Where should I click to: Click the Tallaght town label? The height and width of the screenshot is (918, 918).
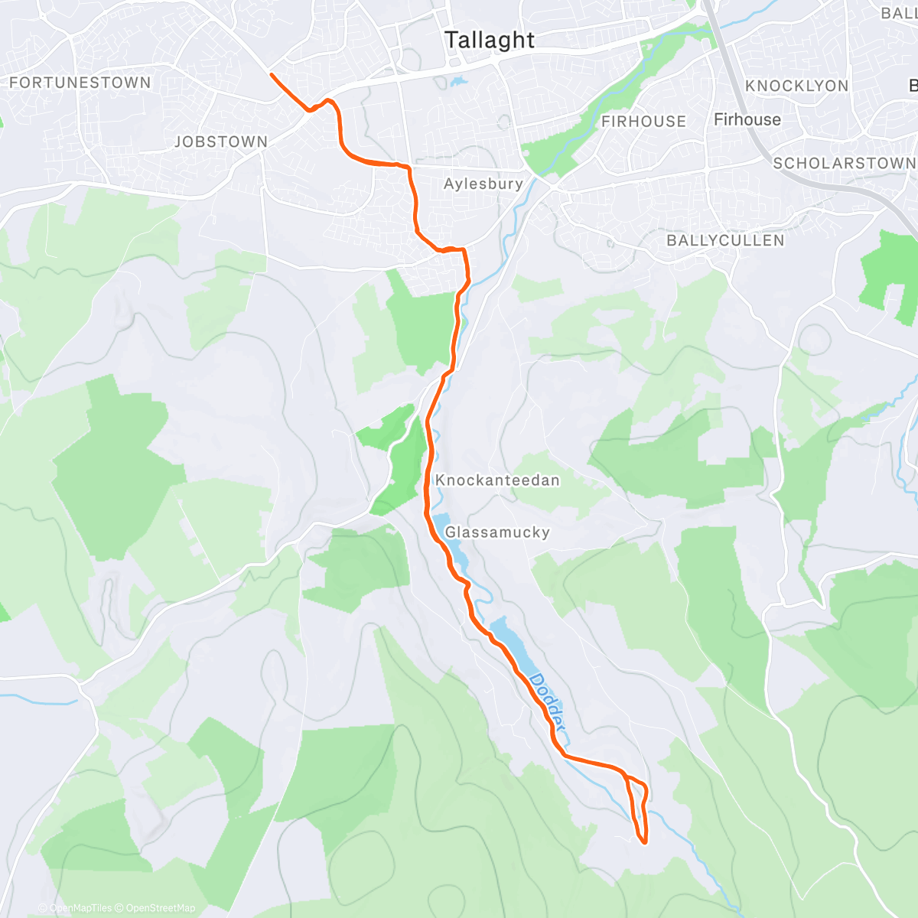point(490,40)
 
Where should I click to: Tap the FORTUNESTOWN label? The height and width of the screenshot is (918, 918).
point(80,83)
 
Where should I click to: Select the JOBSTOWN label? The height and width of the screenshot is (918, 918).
point(220,142)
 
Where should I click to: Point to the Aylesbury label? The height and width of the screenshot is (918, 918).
point(483,184)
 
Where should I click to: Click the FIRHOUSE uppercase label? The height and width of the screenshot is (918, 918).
point(643,122)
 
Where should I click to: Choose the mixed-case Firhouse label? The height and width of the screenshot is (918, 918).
point(747,119)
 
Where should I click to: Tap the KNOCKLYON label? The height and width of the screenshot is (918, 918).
point(796,86)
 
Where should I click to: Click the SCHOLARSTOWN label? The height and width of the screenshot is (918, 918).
point(843,163)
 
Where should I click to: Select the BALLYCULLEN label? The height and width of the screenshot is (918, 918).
point(725,240)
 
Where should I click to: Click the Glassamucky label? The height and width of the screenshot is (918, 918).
point(497,532)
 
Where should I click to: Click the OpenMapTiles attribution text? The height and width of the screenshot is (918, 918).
point(80,908)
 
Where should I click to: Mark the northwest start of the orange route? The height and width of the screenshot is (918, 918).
point(272,74)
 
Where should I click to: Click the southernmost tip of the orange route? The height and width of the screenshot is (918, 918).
point(645,843)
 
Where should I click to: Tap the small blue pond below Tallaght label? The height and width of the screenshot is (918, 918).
point(457,80)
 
